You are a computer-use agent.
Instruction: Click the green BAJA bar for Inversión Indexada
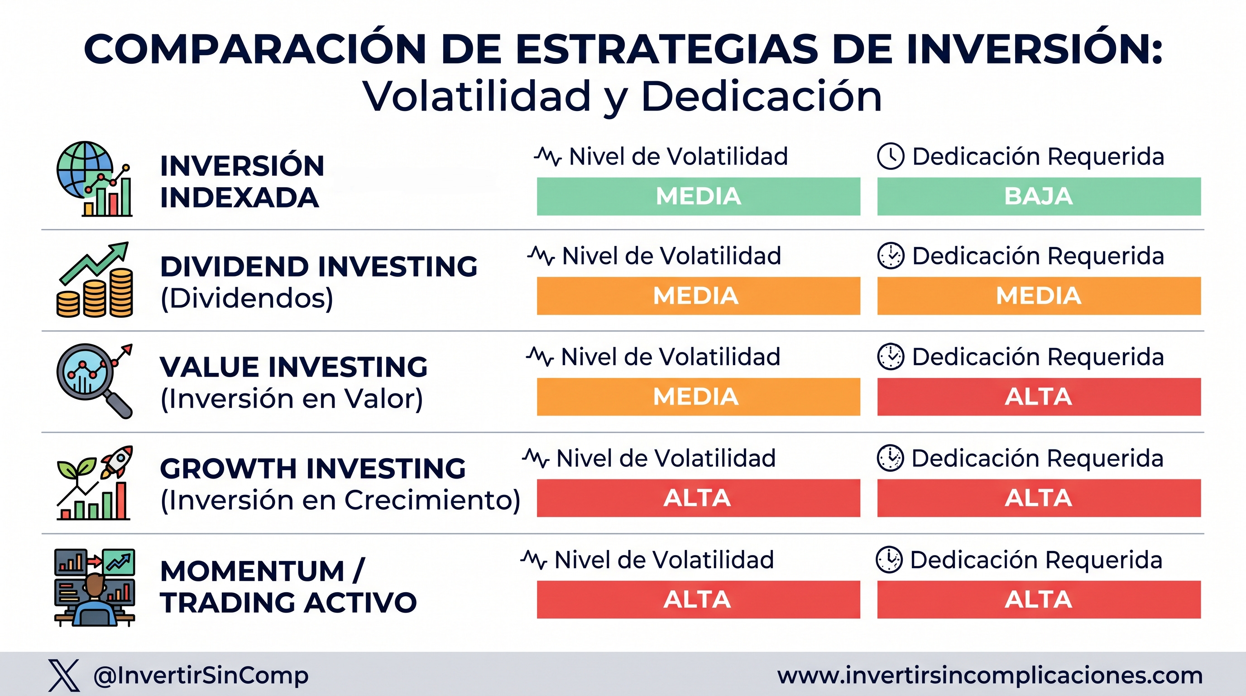click(x=1039, y=196)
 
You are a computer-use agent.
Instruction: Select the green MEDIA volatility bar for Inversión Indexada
click(x=699, y=196)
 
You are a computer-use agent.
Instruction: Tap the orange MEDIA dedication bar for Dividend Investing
click(x=1039, y=296)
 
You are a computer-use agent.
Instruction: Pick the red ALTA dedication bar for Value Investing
click(x=1039, y=397)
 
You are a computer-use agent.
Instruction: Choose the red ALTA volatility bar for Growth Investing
click(x=699, y=498)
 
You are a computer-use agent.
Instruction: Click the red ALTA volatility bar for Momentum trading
click(x=699, y=599)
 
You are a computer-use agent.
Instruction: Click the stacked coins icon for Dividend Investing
click(x=95, y=293)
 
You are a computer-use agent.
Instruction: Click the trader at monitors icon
click(x=94, y=588)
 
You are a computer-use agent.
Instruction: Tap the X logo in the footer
click(x=64, y=675)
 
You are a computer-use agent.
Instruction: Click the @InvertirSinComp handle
click(x=201, y=676)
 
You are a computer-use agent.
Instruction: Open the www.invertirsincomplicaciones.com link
click(x=990, y=675)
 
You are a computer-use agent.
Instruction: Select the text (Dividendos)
click(x=247, y=298)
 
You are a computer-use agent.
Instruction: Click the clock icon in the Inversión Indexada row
click(x=891, y=156)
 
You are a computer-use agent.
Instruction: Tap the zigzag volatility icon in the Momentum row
click(x=533, y=560)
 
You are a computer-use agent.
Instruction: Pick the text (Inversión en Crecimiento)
click(x=340, y=500)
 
